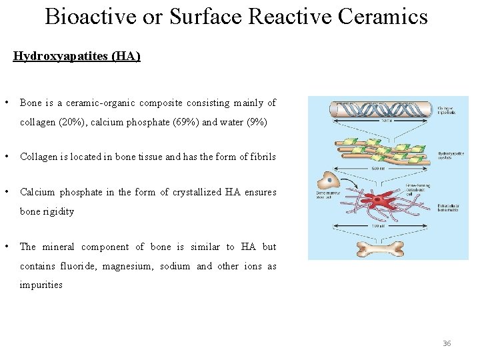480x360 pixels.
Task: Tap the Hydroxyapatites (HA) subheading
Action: (77, 57)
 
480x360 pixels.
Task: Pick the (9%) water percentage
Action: (254, 122)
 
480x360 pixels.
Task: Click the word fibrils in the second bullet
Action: (260, 157)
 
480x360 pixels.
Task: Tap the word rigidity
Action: (56, 211)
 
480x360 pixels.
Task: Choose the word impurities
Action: (41, 285)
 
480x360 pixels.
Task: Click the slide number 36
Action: (447, 343)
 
